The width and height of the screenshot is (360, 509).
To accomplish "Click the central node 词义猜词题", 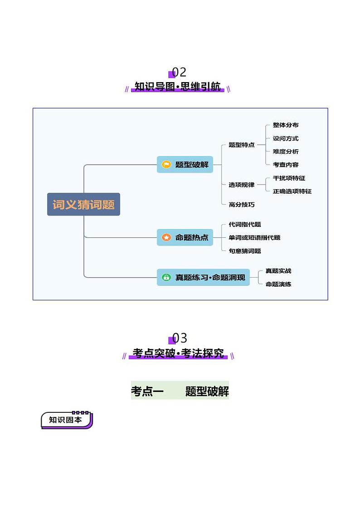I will coord(83,204).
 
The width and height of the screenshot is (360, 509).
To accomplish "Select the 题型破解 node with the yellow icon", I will coord(185,164).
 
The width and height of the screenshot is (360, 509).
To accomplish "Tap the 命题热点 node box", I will coord(185,237).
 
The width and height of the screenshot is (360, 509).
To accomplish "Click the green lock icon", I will coord(166,277).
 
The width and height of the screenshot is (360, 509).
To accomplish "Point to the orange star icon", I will coord(166,237).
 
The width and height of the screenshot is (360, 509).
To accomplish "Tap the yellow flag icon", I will coord(166,164).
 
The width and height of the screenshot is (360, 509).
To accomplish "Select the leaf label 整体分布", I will coord(286,125).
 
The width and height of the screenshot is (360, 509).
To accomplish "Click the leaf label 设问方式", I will coord(286,138).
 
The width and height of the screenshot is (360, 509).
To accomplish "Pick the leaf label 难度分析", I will coord(286,152).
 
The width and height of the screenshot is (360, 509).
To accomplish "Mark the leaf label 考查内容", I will coord(286,165).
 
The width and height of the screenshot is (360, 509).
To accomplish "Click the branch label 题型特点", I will coord(242,145).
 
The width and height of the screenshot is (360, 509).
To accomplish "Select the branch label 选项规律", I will coord(242,185).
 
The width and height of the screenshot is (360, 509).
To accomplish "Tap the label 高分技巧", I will coord(242,205).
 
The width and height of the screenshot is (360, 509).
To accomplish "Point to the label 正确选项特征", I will coord(292,191).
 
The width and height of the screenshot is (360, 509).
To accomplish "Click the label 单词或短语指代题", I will coord(254,237).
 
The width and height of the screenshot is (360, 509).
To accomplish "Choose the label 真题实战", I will coord(278,271).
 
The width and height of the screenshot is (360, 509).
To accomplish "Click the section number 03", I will coord(180,338).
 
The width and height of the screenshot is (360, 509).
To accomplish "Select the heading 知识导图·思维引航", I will coord(178,87).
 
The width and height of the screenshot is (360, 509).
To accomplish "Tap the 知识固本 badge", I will coord(66,420).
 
